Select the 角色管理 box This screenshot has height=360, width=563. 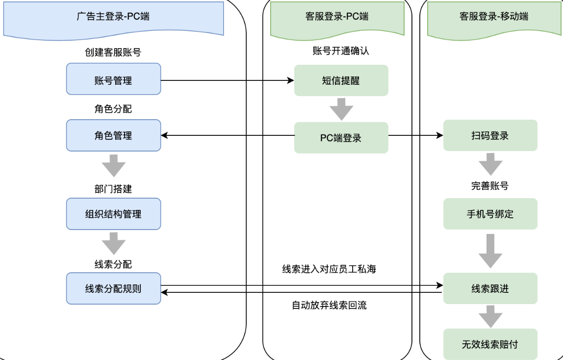click(x=113, y=135)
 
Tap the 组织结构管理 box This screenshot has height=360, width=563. click(x=113, y=214)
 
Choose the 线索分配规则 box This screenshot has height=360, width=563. click(x=113, y=288)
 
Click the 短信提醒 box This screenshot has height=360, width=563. click(x=341, y=80)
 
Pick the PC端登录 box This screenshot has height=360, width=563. click(x=341, y=138)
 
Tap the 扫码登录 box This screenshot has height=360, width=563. click(x=490, y=135)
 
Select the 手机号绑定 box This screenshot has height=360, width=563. click(x=490, y=214)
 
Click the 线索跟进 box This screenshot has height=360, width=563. click(x=490, y=288)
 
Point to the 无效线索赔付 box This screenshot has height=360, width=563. click(x=490, y=344)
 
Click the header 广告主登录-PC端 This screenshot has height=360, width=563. click(x=113, y=16)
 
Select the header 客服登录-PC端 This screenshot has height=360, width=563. click(x=337, y=16)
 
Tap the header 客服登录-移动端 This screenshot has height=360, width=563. click(x=494, y=16)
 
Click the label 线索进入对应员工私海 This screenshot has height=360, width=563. click(x=329, y=269)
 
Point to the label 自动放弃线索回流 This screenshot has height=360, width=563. click(x=329, y=305)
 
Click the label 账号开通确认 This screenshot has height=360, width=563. click(x=340, y=51)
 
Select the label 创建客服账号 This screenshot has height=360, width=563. click(x=113, y=52)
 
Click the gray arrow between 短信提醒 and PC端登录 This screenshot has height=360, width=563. click(x=341, y=109)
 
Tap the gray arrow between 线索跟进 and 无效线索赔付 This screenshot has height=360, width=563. click(x=490, y=316)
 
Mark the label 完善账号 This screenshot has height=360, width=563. click(x=490, y=186)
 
